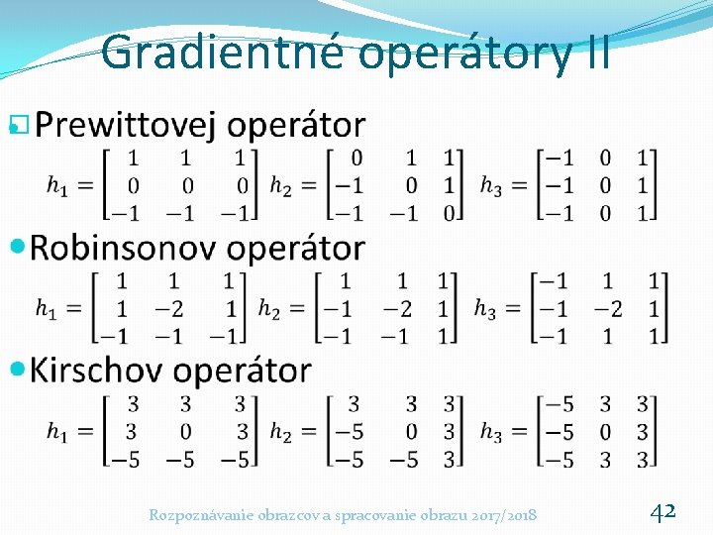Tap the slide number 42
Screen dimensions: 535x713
click(662, 511)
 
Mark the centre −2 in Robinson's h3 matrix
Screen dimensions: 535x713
click(607, 309)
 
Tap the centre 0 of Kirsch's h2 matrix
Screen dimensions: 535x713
click(411, 431)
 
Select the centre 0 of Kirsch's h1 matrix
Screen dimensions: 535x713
click(185, 431)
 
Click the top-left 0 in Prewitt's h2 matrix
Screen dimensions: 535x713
click(356, 158)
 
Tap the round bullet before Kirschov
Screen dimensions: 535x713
click(17, 370)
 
